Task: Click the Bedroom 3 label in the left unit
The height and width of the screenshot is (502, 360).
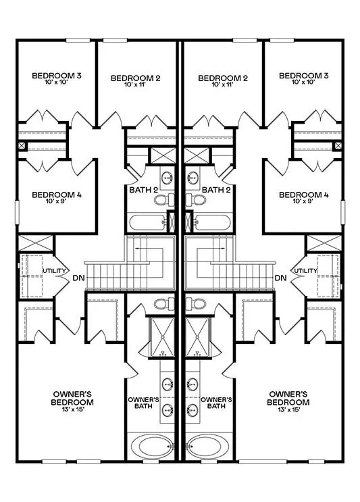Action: [57, 76]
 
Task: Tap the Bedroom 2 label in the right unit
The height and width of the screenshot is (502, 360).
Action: [223, 78]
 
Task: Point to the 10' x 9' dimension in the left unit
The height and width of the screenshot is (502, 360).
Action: [57, 201]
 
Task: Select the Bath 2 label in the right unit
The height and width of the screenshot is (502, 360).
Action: [216, 190]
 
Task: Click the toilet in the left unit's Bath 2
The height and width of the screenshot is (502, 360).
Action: [164, 200]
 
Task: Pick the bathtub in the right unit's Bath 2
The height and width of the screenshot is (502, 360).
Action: [213, 222]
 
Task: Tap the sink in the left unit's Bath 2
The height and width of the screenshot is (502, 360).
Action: [167, 176]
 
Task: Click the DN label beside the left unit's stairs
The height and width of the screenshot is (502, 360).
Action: [79, 278]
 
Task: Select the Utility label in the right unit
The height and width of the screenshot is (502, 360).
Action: [305, 271]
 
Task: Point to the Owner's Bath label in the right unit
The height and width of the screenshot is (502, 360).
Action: [216, 403]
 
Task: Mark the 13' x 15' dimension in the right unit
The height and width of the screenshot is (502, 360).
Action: [288, 409]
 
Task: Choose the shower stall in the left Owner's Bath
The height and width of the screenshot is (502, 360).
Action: [162, 337]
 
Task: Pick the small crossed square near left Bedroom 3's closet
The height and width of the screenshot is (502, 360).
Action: [22, 147]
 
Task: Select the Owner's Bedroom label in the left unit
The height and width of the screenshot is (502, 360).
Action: [72, 398]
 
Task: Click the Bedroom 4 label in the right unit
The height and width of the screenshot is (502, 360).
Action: [303, 195]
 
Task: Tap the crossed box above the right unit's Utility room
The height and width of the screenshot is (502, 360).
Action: [324, 243]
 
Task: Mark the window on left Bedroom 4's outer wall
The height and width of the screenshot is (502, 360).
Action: [17, 212]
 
